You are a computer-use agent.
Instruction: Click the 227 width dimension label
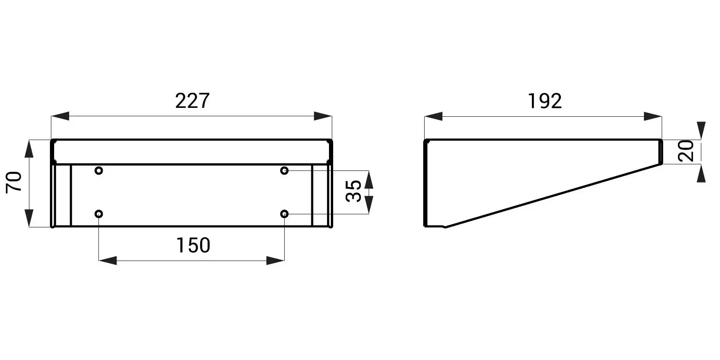(x=192, y=101)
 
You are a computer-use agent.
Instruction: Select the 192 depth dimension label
(x=545, y=101)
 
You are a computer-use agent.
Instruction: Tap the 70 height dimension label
(x=14, y=183)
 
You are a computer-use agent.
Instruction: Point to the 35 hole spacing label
(x=353, y=191)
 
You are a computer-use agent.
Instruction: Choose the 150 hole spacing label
(x=193, y=245)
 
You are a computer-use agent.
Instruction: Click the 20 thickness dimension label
(x=685, y=151)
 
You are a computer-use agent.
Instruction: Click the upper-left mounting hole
(x=99, y=170)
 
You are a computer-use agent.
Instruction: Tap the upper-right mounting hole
(x=285, y=170)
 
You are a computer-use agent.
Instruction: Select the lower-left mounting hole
(x=99, y=214)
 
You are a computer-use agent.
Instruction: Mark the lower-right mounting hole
(x=285, y=214)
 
